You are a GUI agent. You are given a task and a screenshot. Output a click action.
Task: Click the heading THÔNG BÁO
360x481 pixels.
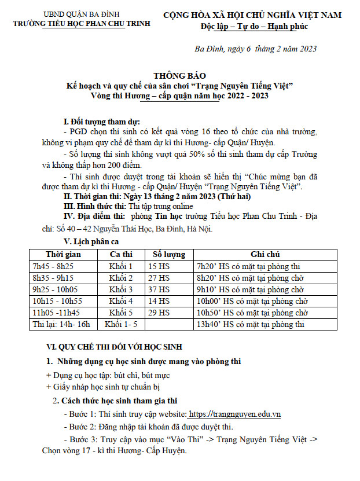(179, 76)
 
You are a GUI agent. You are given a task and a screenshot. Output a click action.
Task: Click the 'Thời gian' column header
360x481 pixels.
(63, 254)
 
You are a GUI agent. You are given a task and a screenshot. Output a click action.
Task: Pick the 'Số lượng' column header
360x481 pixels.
(168, 254)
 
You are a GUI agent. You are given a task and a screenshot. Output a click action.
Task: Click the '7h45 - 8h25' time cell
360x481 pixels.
(53, 266)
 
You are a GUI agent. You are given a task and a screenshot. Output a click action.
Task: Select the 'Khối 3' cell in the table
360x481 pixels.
(121, 289)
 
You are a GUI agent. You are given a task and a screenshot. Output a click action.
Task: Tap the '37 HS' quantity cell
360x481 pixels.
(159, 289)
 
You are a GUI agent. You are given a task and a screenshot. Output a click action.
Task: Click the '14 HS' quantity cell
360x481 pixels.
(159, 301)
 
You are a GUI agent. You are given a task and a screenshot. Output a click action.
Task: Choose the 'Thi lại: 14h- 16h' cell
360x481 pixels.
(62, 324)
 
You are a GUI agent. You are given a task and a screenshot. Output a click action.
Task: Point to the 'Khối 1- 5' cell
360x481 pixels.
(121, 324)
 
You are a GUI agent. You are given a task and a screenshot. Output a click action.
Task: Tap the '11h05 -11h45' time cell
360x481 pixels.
(56, 313)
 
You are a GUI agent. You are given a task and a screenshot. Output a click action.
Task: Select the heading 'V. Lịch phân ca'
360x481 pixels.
(91, 241)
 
